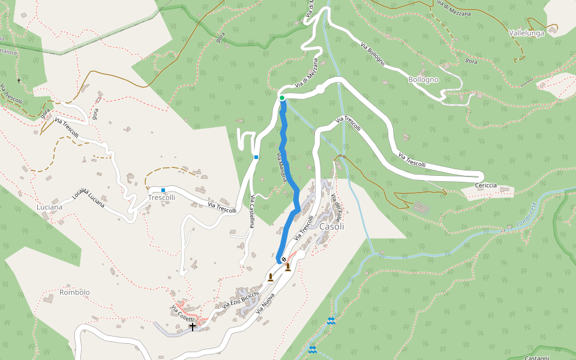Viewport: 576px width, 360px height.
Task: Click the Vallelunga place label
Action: click(x=526, y=33)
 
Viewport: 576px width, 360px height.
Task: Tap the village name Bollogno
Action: click(x=424, y=79)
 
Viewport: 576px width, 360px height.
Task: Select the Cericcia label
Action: click(x=485, y=185)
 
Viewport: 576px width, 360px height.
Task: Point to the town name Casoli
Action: click(x=332, y=227)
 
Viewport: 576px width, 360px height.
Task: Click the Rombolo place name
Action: click(x=74, y=293)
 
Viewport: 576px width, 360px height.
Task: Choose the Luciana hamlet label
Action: click(x=49, y=207)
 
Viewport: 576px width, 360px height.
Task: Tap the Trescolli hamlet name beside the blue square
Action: click(x=162, y=197)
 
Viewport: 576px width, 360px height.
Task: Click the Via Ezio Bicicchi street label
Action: click(x=239, y=300)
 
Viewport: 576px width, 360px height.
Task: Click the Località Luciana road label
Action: click(x=88, y=198)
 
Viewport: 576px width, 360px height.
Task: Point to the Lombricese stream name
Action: click(x=529, y=216)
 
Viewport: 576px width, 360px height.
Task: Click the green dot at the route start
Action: click(x=281, y=98)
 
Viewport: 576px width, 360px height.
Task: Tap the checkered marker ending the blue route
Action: click(x=283, y=259)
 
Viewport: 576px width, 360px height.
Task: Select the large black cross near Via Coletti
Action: click(x=193, y=327)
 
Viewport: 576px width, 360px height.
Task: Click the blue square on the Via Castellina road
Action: click(x=256, y=157)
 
